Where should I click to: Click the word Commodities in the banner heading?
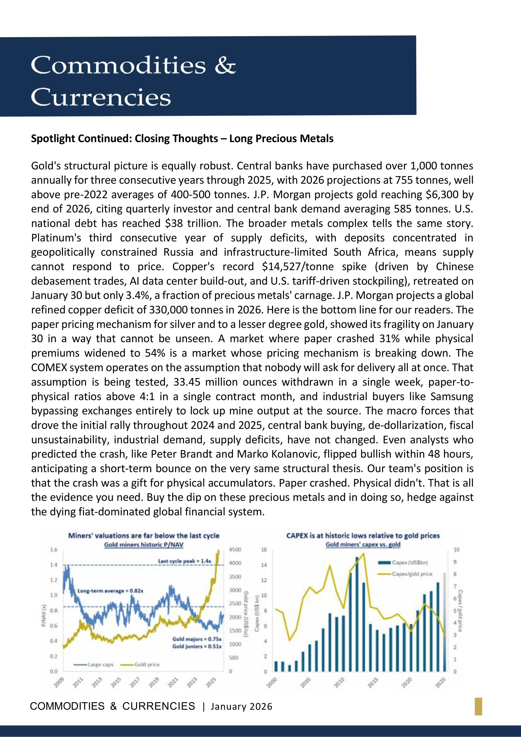click(118, 65)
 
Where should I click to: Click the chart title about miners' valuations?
click(144, 535)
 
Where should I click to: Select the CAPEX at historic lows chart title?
click(363, 535)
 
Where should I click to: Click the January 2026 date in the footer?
click(241, 707)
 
